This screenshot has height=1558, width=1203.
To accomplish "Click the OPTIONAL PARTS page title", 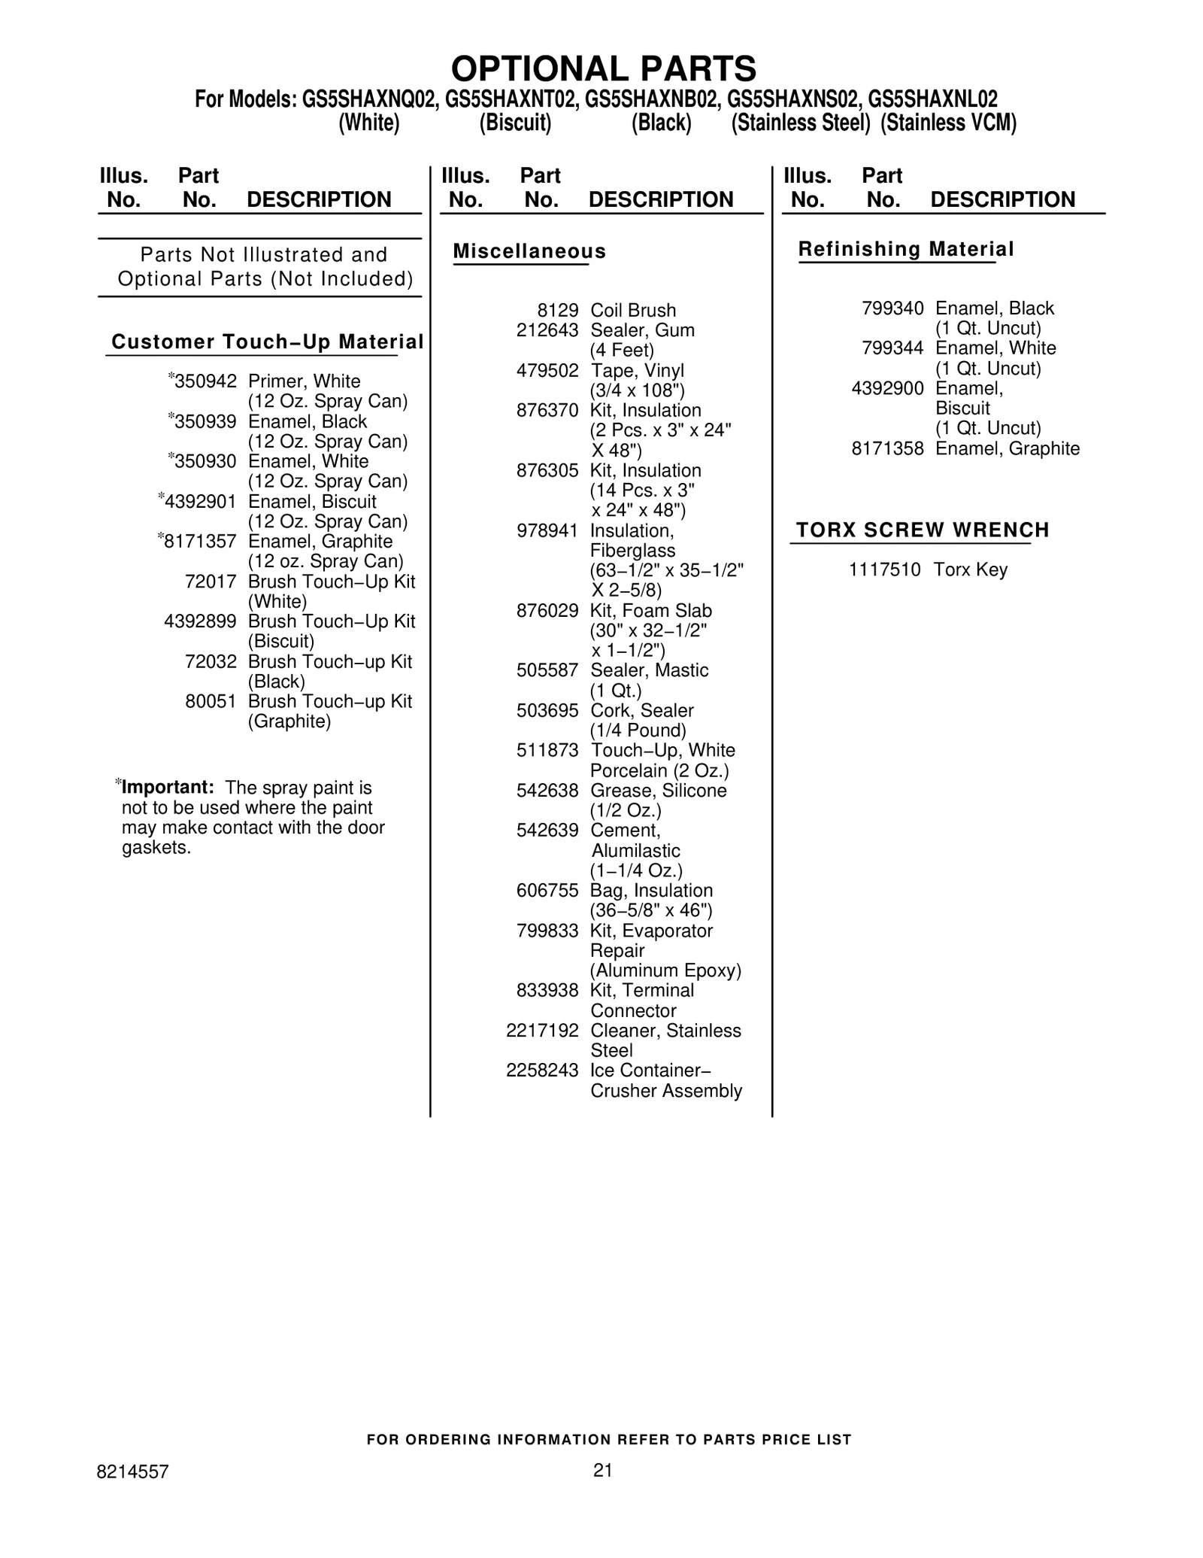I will (603, 68).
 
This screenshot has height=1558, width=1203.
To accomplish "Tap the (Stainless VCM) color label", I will (948, 123).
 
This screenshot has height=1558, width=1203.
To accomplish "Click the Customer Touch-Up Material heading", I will (267, 342).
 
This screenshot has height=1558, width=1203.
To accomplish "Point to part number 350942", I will (205, 381).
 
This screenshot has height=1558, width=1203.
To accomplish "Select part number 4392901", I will (200, 502).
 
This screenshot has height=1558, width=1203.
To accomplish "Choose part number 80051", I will (211, 702).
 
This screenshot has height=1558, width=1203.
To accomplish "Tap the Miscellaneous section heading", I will (529, 251).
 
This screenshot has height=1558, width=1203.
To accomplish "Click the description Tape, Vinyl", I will (637, 371).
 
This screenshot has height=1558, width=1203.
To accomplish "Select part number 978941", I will (547, 531).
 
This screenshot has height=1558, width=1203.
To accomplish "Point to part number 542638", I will (547, 791).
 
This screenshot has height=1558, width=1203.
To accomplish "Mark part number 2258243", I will (542, 1071).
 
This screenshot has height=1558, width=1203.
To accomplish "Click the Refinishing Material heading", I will (906, 249).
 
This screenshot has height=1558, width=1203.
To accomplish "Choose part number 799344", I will (892, 348).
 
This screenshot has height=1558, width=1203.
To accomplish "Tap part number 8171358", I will (887, 449).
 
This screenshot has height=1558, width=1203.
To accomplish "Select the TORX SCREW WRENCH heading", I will (923, 530).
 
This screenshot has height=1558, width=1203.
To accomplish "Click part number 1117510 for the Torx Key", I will (884, 570).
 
